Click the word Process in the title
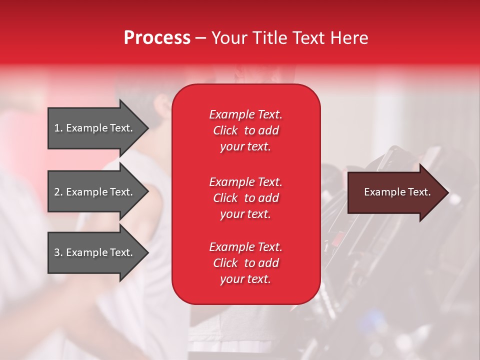click(157, 38)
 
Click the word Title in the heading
click(269, 38)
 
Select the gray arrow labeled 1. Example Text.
click(98, 128)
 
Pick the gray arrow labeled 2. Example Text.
click(98, 191)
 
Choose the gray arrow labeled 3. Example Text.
click(98, 252)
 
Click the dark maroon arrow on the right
click(398, 192)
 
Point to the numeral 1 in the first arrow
click(56, 128)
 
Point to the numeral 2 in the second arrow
click(57, 192)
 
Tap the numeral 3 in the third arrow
click(57, 252)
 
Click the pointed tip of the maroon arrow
click(449, 192)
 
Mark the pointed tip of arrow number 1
click(149, 128)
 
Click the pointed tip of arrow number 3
click(149, 252)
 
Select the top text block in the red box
click(246, 130)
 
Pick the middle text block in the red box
click(246, 198)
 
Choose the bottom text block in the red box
click(246, 263)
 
